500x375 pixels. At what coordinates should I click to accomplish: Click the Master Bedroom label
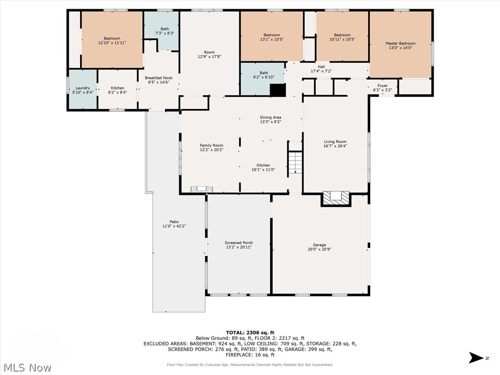400,43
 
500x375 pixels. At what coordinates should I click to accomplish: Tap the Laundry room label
83,88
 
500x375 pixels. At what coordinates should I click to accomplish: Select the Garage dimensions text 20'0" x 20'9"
319,250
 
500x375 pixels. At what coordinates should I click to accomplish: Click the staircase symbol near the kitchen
295,164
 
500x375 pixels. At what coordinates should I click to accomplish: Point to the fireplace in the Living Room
335,197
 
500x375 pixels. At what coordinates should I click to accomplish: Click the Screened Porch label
239,243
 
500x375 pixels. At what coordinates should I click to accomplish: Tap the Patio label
174,222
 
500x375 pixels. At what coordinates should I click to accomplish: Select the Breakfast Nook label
159,78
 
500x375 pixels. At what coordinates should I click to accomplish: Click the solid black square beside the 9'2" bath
277,90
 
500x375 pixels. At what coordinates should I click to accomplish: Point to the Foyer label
382,85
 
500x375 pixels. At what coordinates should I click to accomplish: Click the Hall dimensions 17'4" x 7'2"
321,71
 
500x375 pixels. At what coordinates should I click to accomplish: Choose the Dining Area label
270,117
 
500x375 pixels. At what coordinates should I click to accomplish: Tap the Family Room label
211,146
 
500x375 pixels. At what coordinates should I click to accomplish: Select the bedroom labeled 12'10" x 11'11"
112,41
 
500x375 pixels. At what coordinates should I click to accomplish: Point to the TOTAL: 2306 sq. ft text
250,332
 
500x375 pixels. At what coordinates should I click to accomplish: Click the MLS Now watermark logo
27,367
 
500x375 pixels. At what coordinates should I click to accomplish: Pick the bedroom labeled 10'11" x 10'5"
342,37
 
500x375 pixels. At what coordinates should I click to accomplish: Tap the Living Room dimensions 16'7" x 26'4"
335,146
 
